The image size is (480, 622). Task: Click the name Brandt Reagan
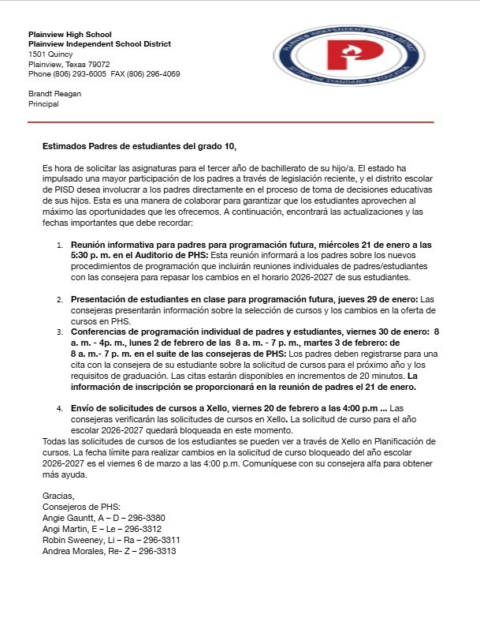click(54, 93)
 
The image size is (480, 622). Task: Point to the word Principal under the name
click(44, 103)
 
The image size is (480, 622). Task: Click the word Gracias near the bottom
click(57, 496)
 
